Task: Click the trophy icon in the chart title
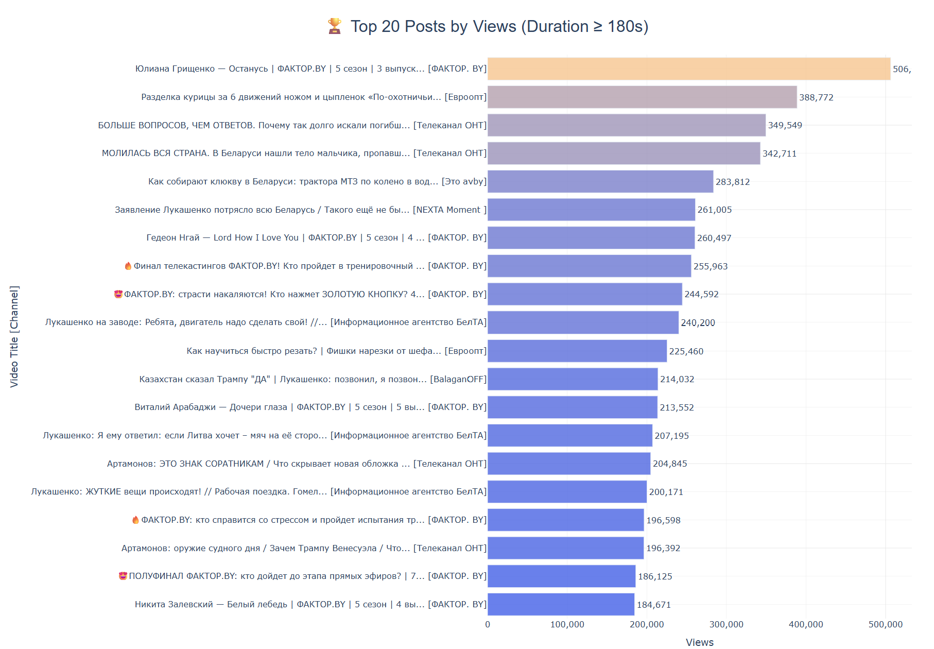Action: click(x=335, y=26)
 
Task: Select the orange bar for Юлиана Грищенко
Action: click(x=688, y=69)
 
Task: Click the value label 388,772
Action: click(x=816, y=97)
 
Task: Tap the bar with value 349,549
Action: click(x=626, y=125)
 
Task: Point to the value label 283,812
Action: click(x=732, y=182)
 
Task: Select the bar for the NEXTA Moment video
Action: click(x=591, y=210)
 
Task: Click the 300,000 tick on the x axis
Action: click(x=726, y=624)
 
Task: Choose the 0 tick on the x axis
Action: click(x=488, y=624)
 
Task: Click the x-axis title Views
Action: click(x=699, y=642)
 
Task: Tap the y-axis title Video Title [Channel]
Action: click(x=14, y=336)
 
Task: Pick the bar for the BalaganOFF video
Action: click(x=573, y=379)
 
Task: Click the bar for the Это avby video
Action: click(x=600, y=182)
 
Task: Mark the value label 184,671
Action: click(x=653, y=605)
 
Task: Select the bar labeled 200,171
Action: click(x=567, y=492)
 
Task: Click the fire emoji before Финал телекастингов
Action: click(x=128, y=266)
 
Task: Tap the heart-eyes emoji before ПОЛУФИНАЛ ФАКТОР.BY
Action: click(x=123, y=576)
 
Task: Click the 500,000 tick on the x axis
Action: click(x=885, y=624)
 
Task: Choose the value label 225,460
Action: click(x=686, y=351)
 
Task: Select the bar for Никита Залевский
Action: click(x=561, y=605)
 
